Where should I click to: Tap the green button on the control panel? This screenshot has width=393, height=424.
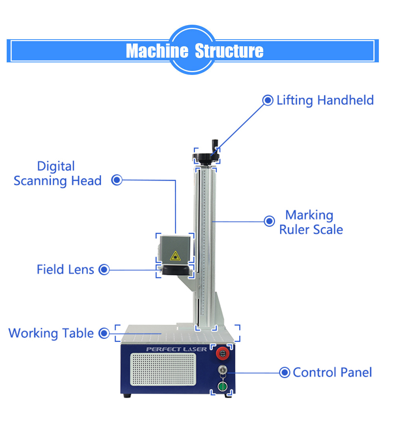coord(223,387)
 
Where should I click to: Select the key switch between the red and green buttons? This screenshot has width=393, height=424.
coord(222,370)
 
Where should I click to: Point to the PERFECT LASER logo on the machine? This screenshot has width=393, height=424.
coord(176,349)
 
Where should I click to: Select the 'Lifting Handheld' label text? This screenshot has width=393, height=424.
coord(325,100)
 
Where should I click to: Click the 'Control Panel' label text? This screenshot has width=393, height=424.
coord(332,372)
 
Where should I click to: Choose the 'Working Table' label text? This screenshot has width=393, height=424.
coord(51,333)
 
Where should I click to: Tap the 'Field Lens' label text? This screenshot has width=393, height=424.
coord(65,269)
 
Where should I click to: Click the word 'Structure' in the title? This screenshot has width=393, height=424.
coord(229,51)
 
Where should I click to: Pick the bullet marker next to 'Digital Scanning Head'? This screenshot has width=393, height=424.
coord(117,180)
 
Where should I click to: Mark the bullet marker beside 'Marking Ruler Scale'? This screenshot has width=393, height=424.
coord(269,221)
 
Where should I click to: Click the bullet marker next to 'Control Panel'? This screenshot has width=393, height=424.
coord(285,372)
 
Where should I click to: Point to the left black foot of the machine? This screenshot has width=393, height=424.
coord(127,395)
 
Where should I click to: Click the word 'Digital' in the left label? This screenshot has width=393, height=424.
coord(56,166)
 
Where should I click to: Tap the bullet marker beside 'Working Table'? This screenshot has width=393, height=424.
coord(104,333)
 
